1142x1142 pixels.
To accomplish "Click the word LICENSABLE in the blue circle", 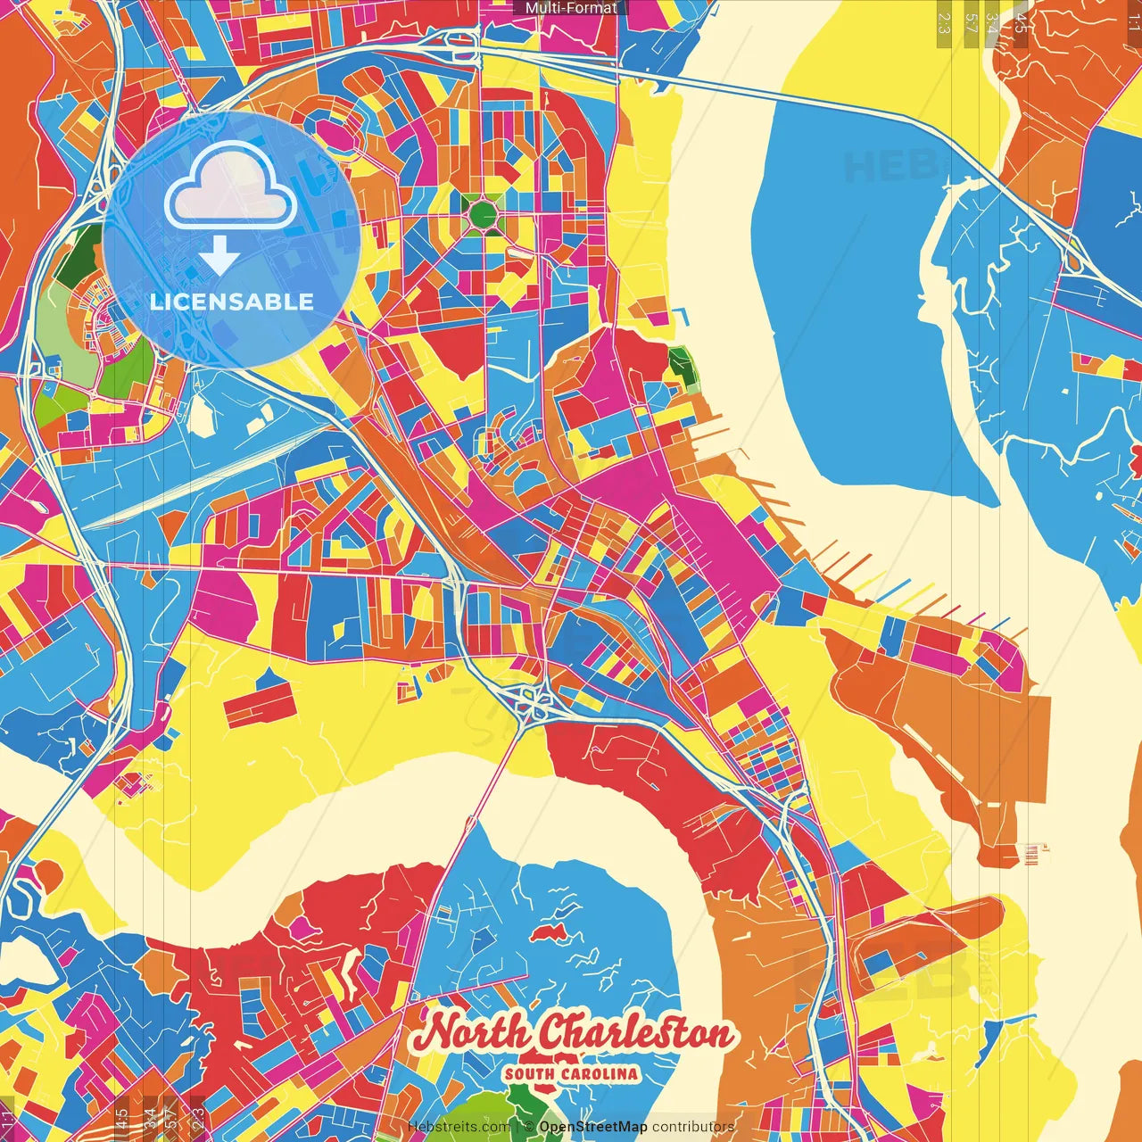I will pyautogui.click(x=232, y=302).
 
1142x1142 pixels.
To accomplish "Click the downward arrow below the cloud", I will pyautogui.click(x=219, y=258).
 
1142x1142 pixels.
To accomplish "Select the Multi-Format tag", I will pyautogui.click(x=571, y=8).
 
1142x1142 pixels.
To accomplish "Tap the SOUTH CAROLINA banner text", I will pyautogui.click(x=571, y=1073).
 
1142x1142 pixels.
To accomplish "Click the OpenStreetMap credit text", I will pyautogui.click(x=592, y=1127).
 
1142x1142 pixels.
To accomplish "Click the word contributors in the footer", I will pyautogui.click(x=693, y=1127).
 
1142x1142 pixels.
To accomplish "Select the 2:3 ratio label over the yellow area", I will pyautogui.click(x=944, y=20).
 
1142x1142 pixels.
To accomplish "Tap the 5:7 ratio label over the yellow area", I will pyautogui.click(x=971, y=20).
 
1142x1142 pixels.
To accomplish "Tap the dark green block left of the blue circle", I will pyautogui.click(x=85, y=252).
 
